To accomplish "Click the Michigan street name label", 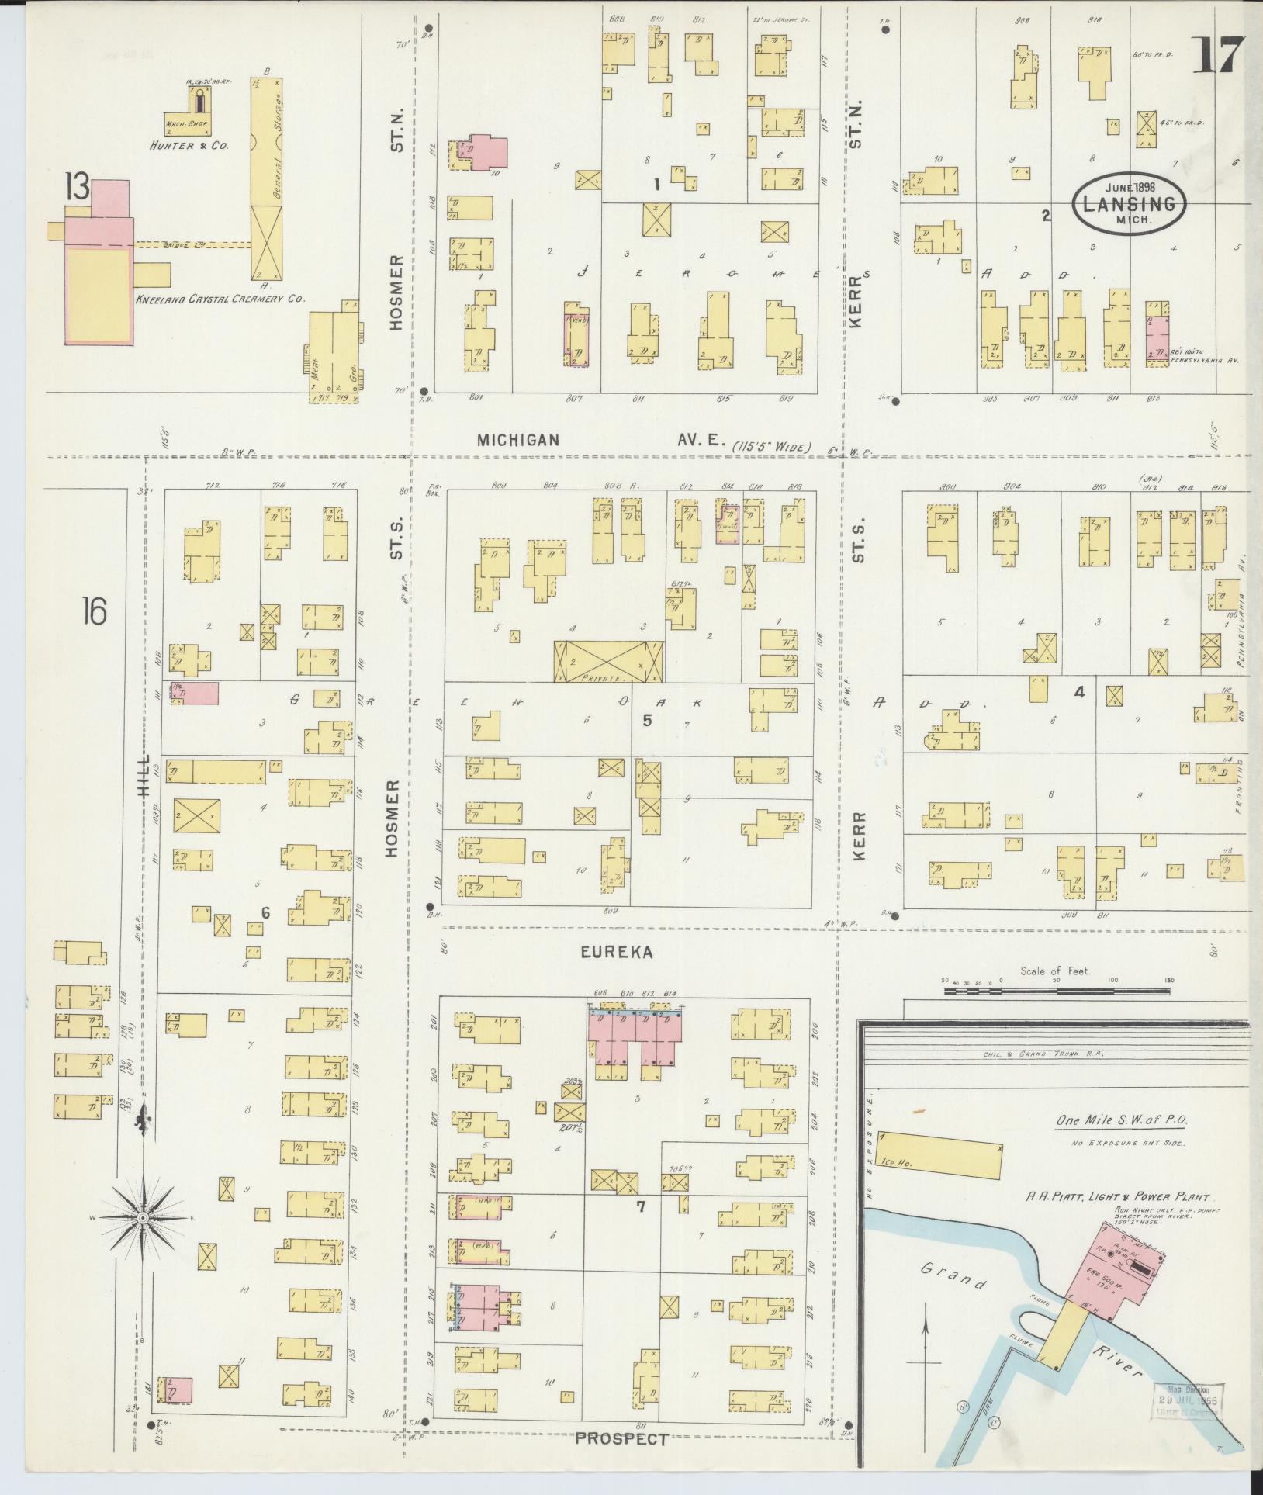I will tap(517, 441).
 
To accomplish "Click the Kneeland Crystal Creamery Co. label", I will tap(221, 299).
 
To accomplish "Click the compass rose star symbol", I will tap(144, 1220).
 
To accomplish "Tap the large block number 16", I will tap(93, 612).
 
